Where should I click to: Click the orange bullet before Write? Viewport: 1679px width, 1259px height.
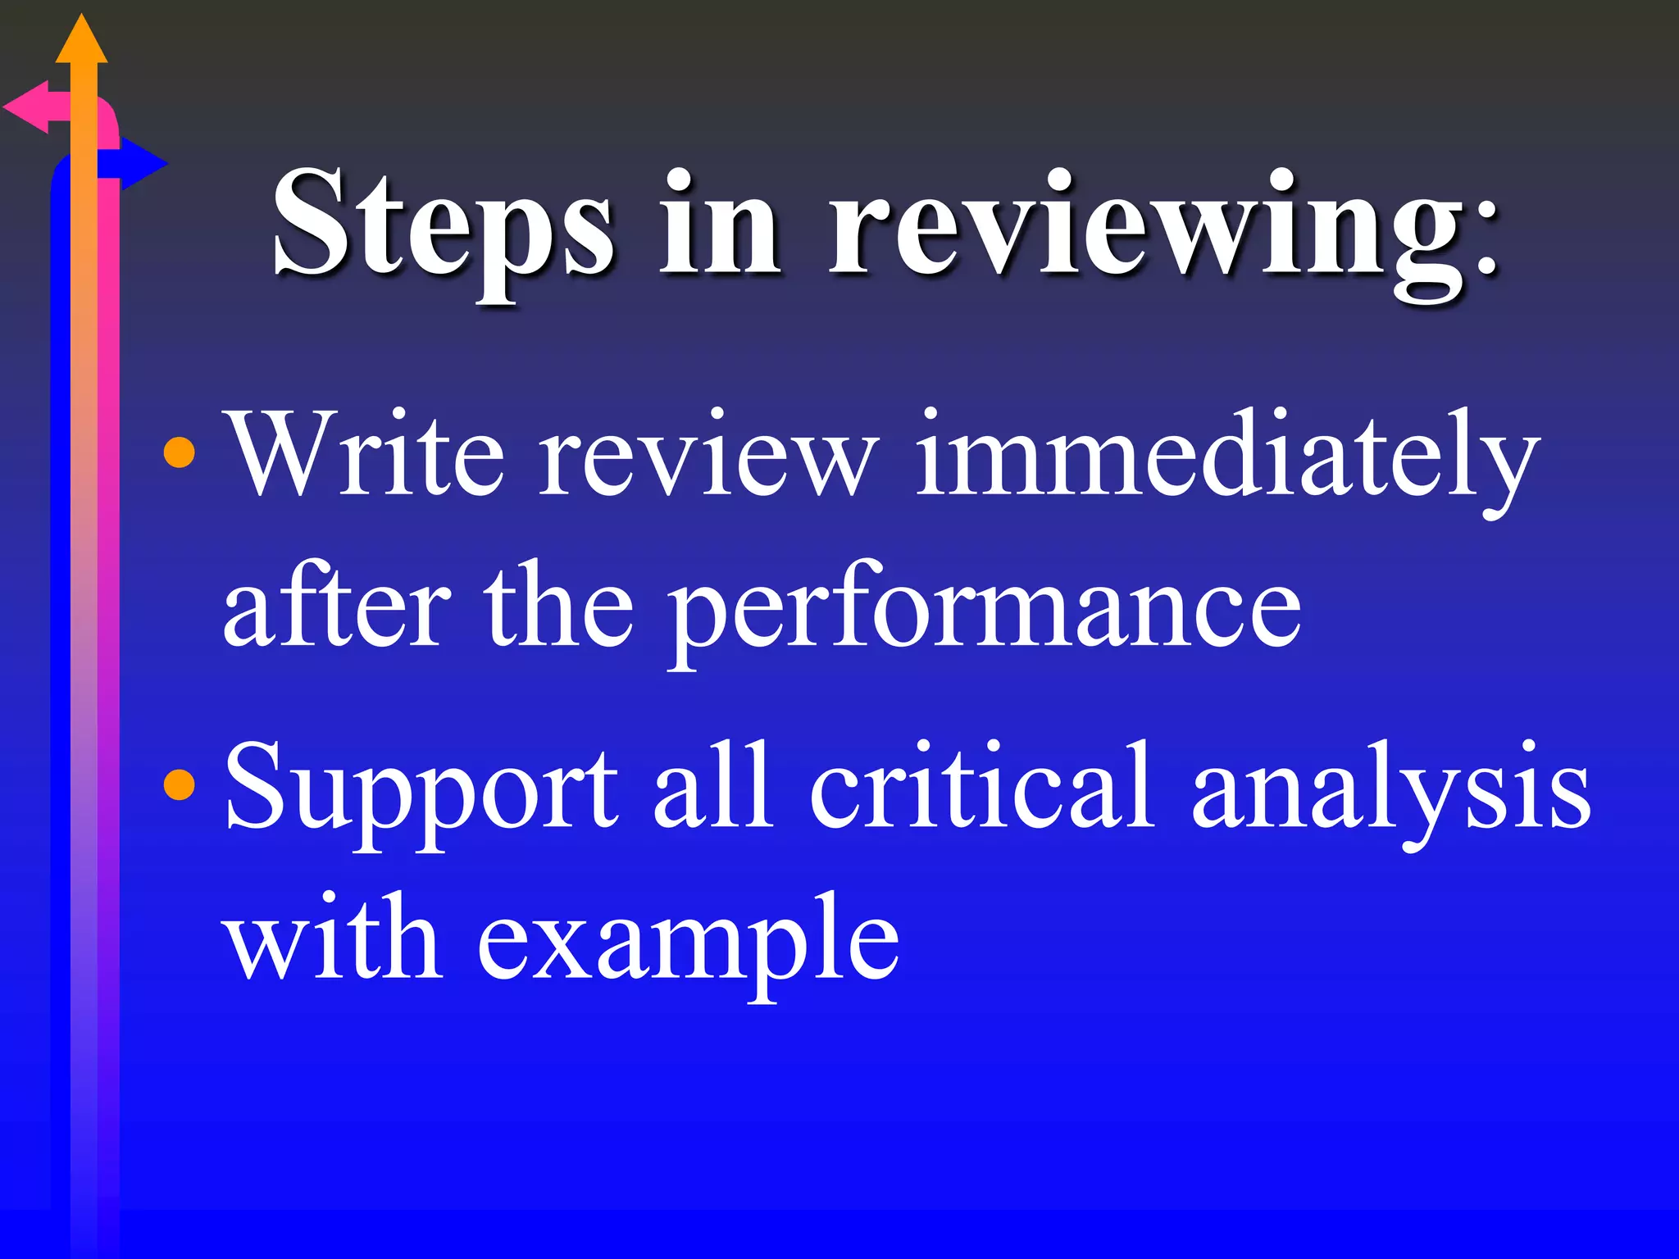tap(180, 453)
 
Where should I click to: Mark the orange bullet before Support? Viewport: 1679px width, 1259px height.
tap(180, 784)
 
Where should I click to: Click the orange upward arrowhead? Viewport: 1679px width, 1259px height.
tap(81, 41)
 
